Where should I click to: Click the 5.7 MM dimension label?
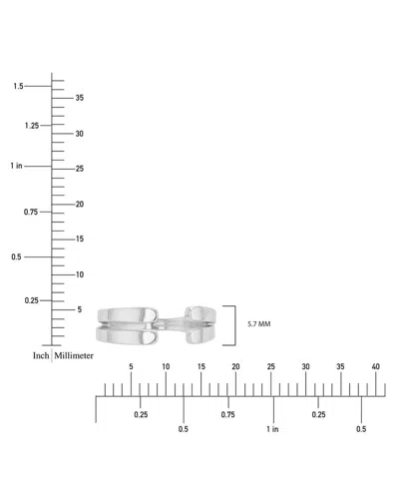tap(259, 324)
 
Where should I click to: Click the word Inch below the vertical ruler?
tap(41, 355)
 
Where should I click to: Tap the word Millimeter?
tap(74, 355)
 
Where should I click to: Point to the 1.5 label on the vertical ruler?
tap(18, 86)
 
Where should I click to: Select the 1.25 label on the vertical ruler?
tap(32, 126)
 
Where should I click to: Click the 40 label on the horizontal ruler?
tap(375, 366)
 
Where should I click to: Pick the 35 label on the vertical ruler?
tap(80, 98)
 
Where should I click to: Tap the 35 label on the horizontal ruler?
tap(340, 366)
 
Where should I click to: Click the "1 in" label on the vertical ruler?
tap(16, 166)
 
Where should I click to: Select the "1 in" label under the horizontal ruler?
tap(272, 429)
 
